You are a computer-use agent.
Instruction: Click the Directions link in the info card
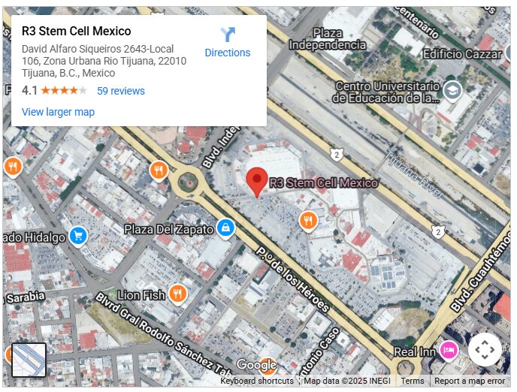227,42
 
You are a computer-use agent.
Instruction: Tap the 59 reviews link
120,91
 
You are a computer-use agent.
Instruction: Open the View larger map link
58,112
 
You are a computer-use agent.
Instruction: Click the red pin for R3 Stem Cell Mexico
258,182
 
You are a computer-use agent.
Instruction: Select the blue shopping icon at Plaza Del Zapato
225,227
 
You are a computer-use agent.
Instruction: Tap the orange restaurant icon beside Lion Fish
178,294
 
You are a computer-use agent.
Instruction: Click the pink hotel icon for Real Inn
449,350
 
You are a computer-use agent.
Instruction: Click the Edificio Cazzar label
462,54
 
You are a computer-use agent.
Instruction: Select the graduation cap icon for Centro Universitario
452,92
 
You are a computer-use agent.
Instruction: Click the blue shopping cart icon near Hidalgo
78,237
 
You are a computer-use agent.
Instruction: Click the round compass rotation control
485,349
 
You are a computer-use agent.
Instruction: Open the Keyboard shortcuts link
257,381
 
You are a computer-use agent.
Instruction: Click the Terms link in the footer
412,381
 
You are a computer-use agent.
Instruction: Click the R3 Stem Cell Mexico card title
77,32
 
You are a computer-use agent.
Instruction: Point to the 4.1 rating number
29,91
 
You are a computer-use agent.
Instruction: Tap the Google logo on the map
256,365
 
